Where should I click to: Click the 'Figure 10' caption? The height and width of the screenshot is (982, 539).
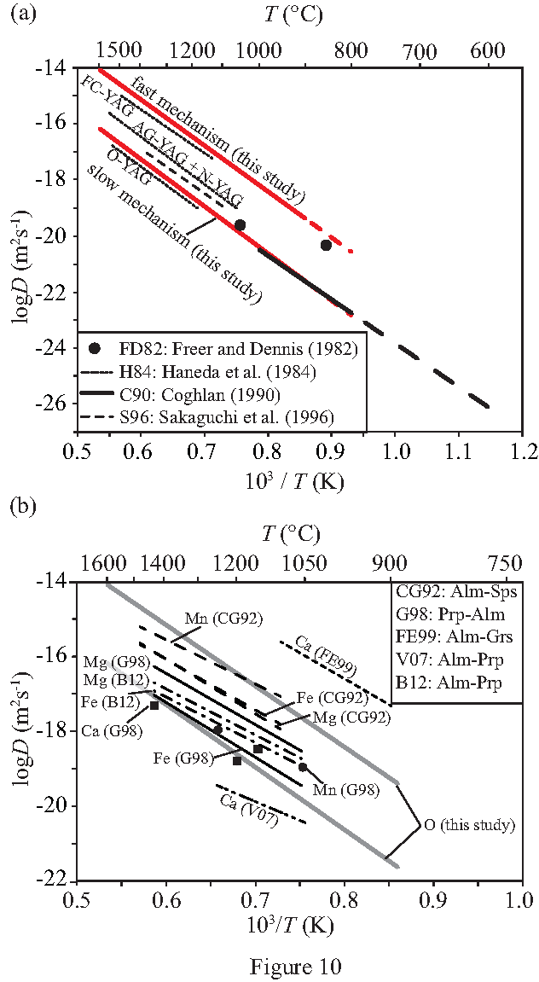[295, 966]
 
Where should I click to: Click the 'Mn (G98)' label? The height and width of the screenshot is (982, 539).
[341, 789]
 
